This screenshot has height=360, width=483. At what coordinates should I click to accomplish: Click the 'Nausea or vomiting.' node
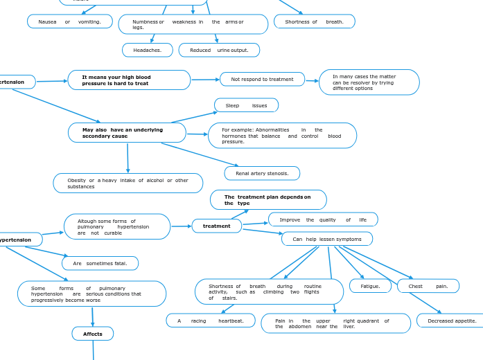(x=69, y=21)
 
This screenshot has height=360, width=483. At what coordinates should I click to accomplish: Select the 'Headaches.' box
(x=148, y=50)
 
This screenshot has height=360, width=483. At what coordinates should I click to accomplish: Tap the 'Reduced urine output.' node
(x=219, y=50)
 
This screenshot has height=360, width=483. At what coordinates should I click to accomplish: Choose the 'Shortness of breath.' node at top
(x=314, y=21)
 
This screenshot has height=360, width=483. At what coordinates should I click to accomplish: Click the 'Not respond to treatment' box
(x=262, y=79)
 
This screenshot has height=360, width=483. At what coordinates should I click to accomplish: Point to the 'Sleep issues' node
(x=246, y=105)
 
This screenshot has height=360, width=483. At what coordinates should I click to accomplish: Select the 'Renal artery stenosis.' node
(x=262, y=173)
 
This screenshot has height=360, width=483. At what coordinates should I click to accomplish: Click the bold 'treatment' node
(x=216, y=226)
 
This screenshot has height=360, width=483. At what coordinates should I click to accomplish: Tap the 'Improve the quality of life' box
(x=323, y=219)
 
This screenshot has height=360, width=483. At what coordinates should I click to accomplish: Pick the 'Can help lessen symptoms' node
(x=327, y=239)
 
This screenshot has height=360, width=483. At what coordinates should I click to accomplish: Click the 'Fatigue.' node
(x=370, y=286)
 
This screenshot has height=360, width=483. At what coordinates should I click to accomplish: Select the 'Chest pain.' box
(x=428, y=286)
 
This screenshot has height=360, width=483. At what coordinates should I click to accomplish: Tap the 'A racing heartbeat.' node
(x=211, y=321)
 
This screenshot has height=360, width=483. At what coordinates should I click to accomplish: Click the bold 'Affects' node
(x=93, y=334)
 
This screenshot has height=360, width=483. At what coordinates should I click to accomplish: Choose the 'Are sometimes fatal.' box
(x=100, y=263)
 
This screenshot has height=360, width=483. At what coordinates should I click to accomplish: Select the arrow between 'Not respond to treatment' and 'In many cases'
(x=312, y=80)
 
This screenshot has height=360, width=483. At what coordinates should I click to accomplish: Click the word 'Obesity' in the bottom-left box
(x=76, y=180)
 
